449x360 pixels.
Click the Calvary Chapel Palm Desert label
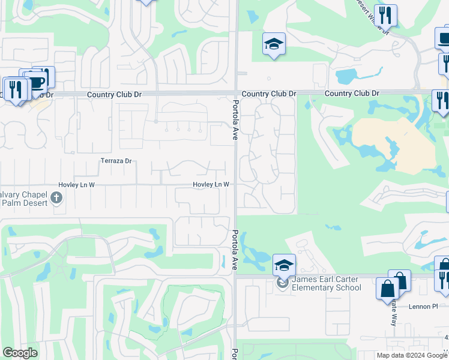click(x=24, y=198)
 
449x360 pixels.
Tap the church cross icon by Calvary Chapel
click(x=56, y=197)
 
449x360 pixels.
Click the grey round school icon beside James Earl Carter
click(x=283, y=283)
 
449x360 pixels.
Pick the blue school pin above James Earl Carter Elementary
click(x=284, y=265)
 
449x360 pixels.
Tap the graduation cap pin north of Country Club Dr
click(x=274, y=44)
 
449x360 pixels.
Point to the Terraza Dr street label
click(x=116, y=161)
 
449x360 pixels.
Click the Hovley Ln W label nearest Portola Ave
click(x=211, y=185)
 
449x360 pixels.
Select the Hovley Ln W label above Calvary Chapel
click(x=76, y=185)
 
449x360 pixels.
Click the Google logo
click(x=20, y=353)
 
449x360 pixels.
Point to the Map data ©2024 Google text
click(x=412, y=355)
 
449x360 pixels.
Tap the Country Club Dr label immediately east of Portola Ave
click(x=269, y=94)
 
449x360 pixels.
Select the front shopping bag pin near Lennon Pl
click(x=387, y=289)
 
